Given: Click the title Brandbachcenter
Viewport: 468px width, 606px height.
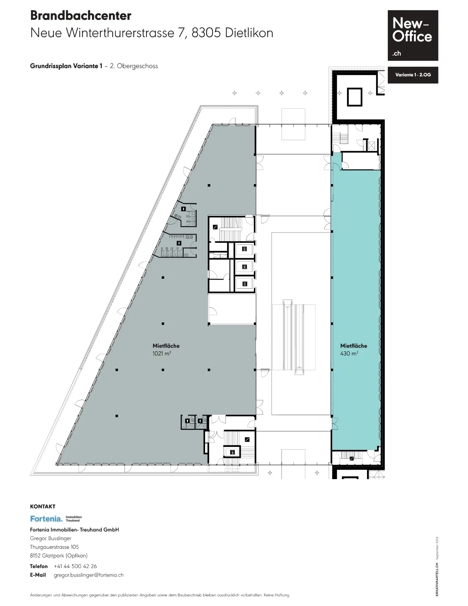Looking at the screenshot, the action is point(81,16).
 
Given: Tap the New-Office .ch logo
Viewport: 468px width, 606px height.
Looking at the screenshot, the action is point(413,36).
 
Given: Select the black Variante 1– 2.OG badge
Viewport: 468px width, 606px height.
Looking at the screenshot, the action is point(413,75).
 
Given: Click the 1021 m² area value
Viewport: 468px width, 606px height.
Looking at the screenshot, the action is point(162,353).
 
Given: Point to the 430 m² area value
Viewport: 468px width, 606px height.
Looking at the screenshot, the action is point(349,353).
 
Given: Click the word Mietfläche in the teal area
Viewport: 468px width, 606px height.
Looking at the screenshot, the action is point(353,346).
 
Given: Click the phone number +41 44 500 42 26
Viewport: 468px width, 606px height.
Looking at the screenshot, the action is point(75,566).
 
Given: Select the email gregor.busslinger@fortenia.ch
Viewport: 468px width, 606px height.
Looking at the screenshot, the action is point(89,575).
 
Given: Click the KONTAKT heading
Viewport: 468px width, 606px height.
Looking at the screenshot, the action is point(43,506).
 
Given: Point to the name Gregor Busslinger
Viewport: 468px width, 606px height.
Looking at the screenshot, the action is point(51,538).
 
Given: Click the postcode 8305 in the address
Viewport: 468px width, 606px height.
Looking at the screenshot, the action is point(206,33).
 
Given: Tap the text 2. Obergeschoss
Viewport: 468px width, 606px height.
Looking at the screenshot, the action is point(134,66).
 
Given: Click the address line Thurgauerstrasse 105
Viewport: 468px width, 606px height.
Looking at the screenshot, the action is point(54,547).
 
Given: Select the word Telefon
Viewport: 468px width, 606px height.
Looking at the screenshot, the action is point(39,566).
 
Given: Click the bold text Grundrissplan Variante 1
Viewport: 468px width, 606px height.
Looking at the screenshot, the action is point(66,66).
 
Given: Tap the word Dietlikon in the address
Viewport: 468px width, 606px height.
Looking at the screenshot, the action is point(249,33).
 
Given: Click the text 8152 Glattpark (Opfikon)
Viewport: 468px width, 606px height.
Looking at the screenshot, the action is point(59,556).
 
